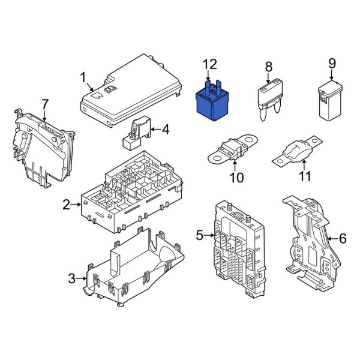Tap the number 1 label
(84, 77)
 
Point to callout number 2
(67, 206)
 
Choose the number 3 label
(71, 278)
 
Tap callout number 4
(166, 128)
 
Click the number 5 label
(200, 236)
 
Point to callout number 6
(343, 238)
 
